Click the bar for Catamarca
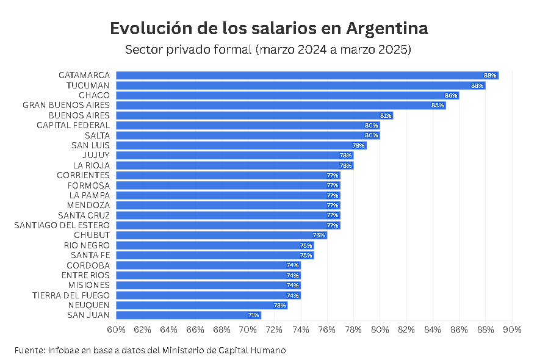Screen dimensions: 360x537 [x=305, y=75]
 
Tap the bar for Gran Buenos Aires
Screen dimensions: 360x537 [x=281, y=105]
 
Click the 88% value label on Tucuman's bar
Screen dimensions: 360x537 [x=477, y=85]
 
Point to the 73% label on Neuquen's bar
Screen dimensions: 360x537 [x=279, y=305]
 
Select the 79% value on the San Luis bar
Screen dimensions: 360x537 [x=358, y=145]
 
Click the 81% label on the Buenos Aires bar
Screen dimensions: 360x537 [x=385, y=115]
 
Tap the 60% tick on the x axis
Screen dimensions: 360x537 [x=116, y=329]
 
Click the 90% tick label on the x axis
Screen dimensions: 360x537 [x=512, y=329]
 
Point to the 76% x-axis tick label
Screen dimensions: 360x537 [x=327, y=329]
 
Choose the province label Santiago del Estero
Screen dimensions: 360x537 [x=62, y=225]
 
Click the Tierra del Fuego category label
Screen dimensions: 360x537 [x=71, y=295]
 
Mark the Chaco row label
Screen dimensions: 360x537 [x=94, y=95]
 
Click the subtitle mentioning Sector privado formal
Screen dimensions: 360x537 [x=268, y=49]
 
